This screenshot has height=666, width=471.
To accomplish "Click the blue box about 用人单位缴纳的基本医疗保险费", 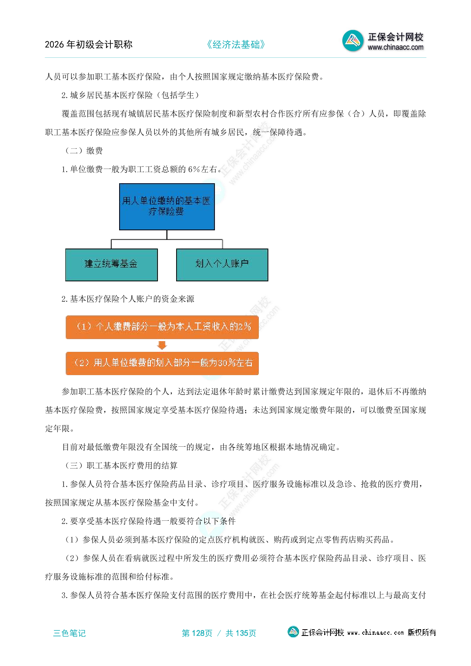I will tap(167, 207).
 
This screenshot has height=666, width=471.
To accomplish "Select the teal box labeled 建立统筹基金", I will tap(111, 265).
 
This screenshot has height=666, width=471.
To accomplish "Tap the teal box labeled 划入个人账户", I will tap(222, 265).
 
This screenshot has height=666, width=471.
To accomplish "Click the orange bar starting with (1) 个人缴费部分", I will tap(162, 327).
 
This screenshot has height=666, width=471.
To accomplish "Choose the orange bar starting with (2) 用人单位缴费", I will tap(162, 363).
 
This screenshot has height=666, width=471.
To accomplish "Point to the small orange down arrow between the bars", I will tap(162, 345).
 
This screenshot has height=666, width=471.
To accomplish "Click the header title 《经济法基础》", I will tap(235, 45).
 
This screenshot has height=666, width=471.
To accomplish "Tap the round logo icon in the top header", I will tap(353, 41).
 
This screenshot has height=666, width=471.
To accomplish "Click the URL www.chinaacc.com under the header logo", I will tap(395, 47).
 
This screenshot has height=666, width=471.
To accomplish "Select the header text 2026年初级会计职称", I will tap(89, 45).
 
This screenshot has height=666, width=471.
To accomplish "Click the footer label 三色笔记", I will tap(69, 633).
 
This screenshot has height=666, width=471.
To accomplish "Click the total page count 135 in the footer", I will tap(242, 633).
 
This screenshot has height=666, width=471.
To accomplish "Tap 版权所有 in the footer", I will tap(422, 632).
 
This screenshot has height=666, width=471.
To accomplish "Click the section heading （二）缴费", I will tap(84, 151).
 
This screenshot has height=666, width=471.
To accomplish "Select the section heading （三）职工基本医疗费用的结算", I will tap(121, 466).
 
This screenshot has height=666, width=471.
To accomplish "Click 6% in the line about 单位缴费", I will tap(194, 169).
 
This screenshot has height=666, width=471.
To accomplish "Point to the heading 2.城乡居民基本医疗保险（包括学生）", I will tap(131, 95).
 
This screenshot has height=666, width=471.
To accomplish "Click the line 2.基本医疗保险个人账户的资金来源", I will tap(128, 299).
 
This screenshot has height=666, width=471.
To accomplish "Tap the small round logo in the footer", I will tap(293, 632).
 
